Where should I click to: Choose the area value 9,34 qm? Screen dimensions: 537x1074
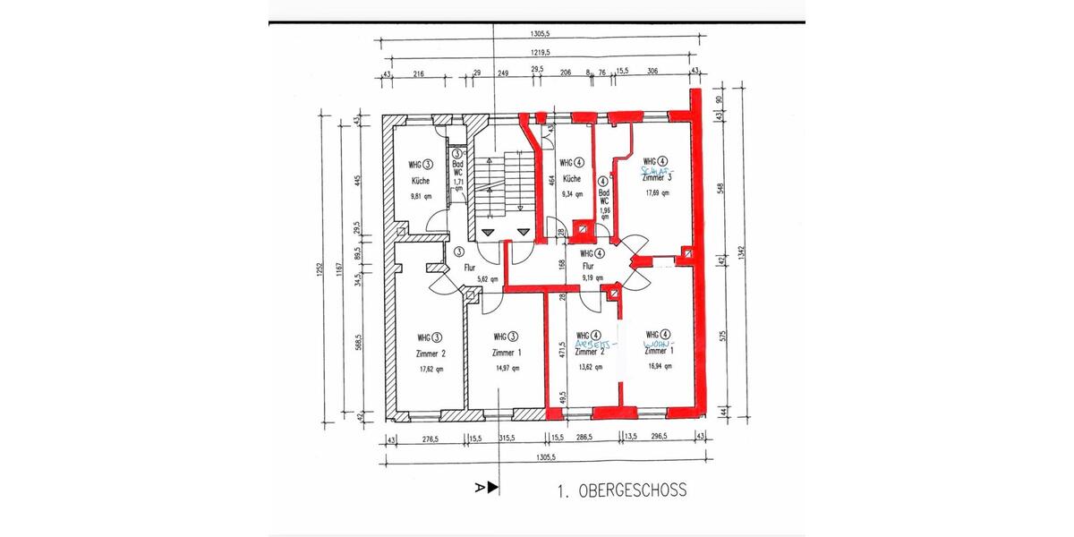coord(571,192)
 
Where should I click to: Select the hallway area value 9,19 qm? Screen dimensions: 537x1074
coord(592,277)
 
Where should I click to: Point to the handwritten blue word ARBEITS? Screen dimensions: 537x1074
coord(595,344)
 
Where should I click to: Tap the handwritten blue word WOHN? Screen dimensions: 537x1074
coord(661,344)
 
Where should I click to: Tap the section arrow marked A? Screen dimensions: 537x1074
coord(488,487)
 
